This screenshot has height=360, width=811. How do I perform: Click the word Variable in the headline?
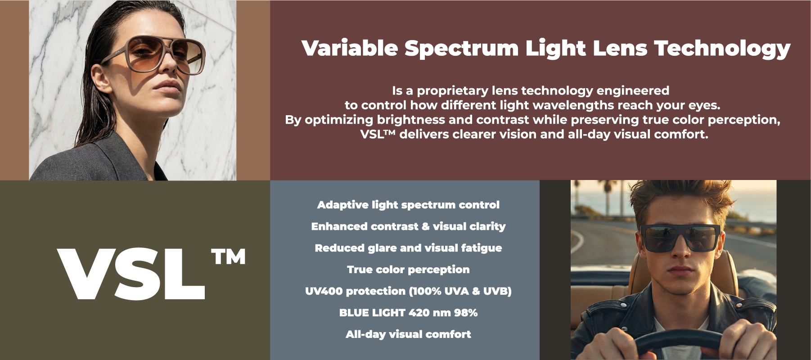(350, 48)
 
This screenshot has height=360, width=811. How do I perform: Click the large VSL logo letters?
(131, 274)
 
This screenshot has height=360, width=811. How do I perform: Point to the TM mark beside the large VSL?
(228, 257)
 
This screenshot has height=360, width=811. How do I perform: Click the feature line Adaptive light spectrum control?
(408, 205)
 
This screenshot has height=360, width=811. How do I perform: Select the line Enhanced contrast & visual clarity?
(408, 226)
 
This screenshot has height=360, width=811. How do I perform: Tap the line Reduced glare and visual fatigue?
(408, 248)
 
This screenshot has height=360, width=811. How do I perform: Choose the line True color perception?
(408, 270)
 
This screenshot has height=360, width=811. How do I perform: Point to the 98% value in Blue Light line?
(466, 313)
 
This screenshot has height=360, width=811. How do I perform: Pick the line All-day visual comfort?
(408, 334)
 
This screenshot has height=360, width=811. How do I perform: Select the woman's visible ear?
(100, 80)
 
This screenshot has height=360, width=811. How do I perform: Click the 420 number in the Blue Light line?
(419, 313)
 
